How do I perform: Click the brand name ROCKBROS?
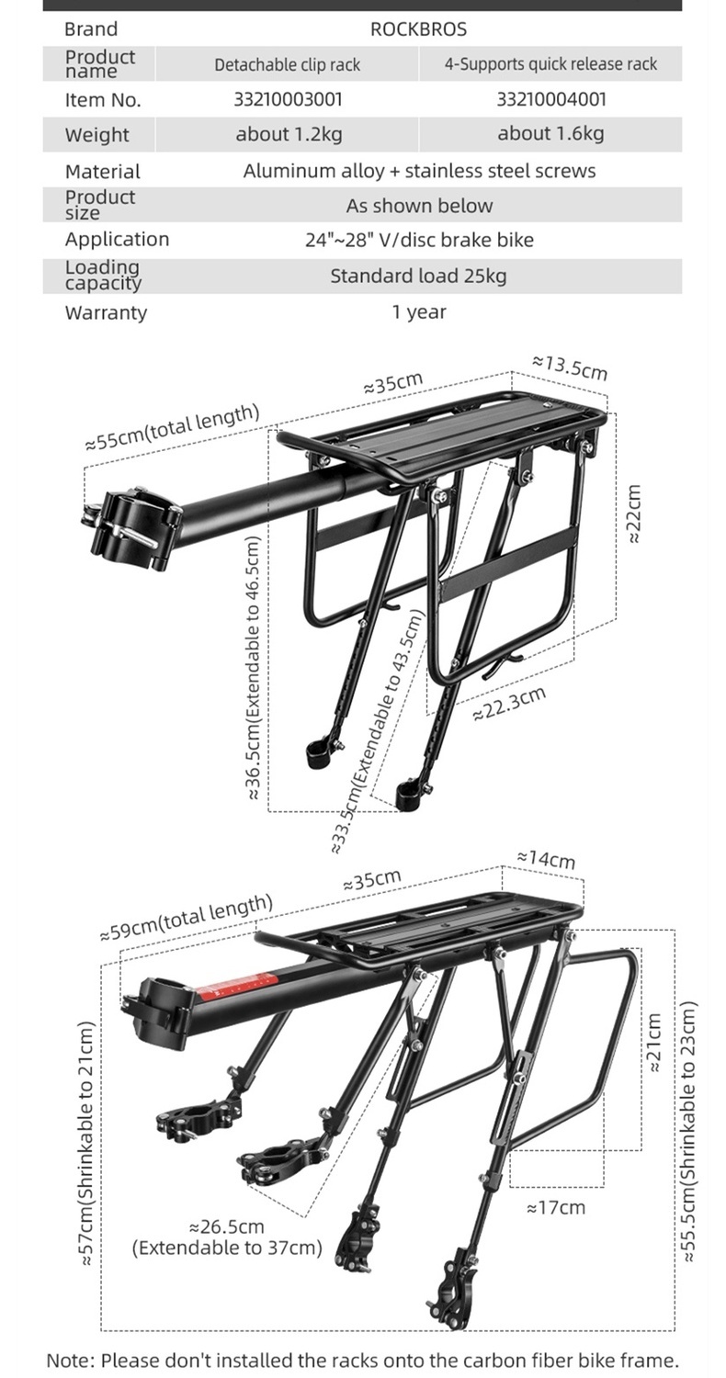(418, 29)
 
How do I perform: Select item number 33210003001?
(288, 99)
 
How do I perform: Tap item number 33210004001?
(550, 99)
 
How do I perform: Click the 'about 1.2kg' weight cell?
(288, 134)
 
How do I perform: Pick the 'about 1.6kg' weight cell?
(550, 134)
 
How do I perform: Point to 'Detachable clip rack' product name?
(288, 64)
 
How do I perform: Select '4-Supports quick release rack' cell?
(550, 64)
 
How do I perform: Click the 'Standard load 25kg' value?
(418, 276)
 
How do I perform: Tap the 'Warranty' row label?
(105, 312)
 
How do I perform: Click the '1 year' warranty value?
(418, 312)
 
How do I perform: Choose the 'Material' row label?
(102, 172)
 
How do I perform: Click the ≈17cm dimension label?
(555, 1207)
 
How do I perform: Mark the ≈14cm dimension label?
(546, 859)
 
